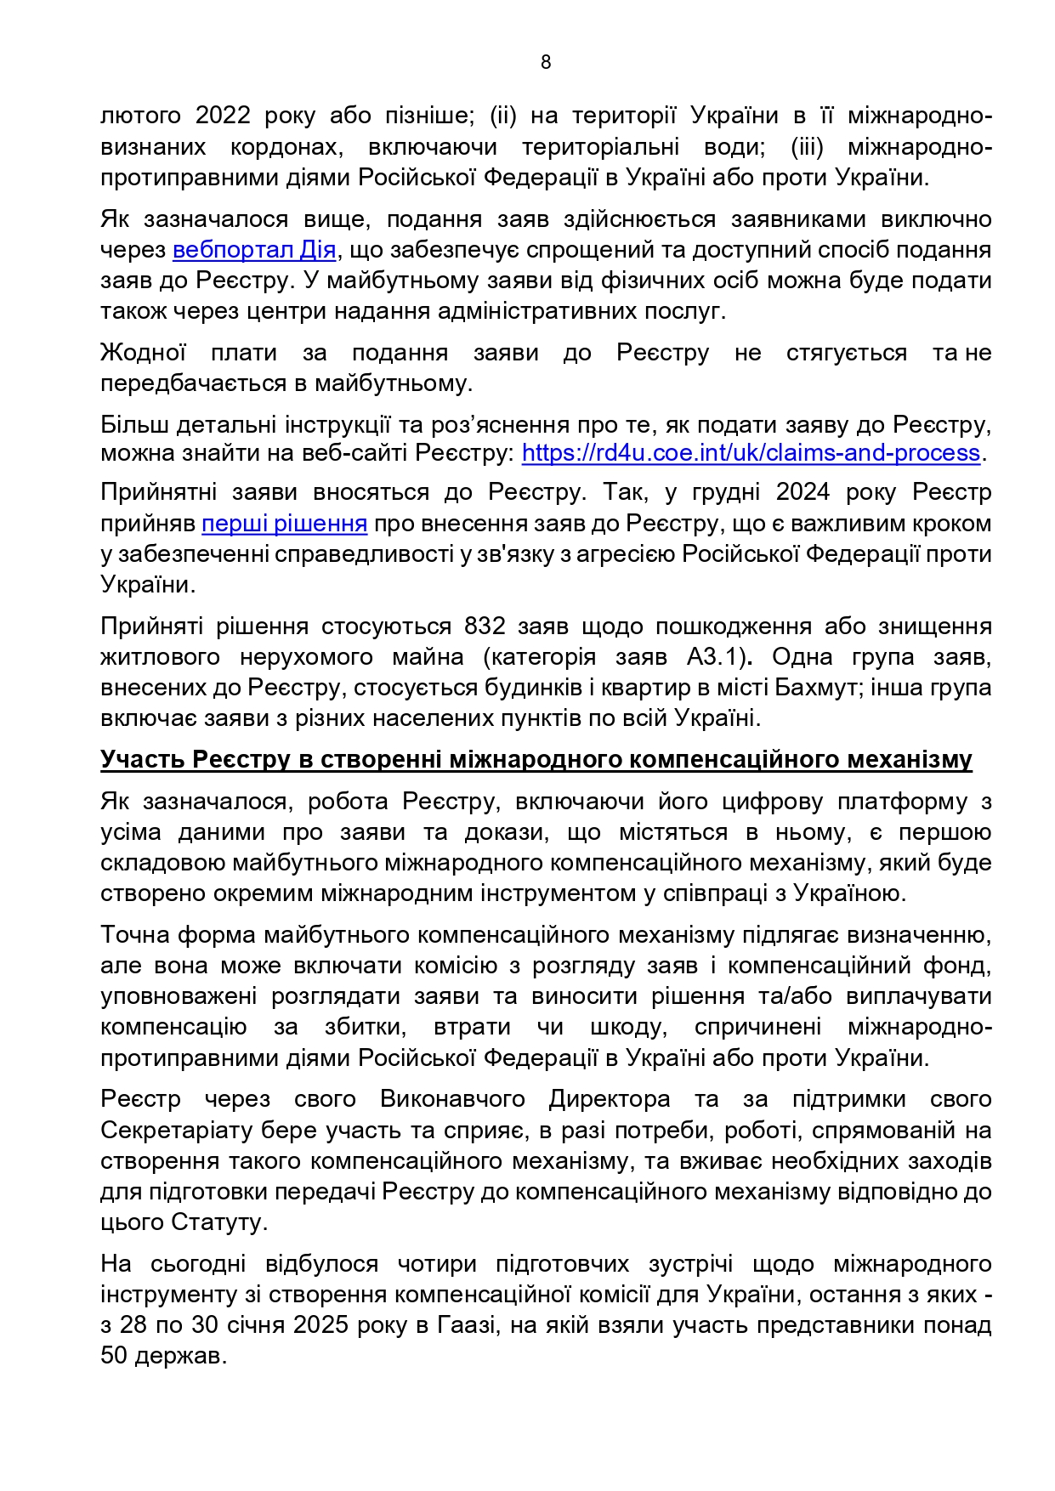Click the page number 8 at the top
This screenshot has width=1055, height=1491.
point(545,62)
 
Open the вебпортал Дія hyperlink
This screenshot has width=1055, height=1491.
point(254,251)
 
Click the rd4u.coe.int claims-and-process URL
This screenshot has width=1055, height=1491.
point(751,453)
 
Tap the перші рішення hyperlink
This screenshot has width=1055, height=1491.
point(284,524)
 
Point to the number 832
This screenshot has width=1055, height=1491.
point(485,626)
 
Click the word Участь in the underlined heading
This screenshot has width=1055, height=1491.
point(143,759)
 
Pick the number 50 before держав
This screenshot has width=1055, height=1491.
point(114,1356)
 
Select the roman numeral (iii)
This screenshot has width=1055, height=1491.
point(807,146)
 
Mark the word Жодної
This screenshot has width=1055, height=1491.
point(143,353)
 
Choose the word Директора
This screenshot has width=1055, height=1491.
point(609,1100)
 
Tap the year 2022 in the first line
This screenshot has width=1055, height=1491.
point(223,116)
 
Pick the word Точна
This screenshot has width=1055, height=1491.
point(135,936)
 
